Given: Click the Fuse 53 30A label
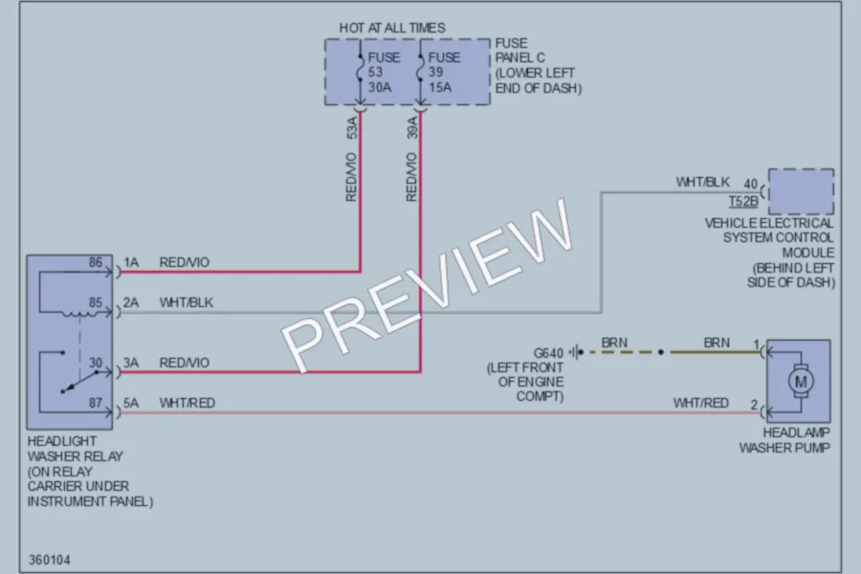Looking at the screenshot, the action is pyautogui.click(x=384, y=73).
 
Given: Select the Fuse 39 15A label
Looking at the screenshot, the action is pyautogui.click(x=442, y=73).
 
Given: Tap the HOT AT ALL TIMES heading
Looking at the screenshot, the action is pyautogui.click(x=392, y=28).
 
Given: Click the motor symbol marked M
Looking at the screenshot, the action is pyautogui.click(x=801, y=381).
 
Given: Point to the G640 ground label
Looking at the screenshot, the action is pyautogui.click(x=548, y=353).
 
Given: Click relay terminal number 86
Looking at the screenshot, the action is pyautogui.click(x=96, y=262).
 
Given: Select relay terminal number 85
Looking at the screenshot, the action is pyautogui.click(x=96, y=302).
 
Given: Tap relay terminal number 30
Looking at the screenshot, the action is pyautogui.click(x=96, y=364).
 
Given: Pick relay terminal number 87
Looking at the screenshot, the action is pyautogui.click(x=96, y=403).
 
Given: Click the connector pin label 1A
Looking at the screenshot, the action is pyautogui.click(x=131, y=262).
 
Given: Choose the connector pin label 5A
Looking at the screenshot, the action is pyautogui.click(x=131, y=403).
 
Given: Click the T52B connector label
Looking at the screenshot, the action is pyautogui.click(x=743, y=202).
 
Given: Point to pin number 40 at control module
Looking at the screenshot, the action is pyautogui.click(x=751, y=184).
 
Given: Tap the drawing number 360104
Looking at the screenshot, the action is pyautogui.click(x=50, y=561).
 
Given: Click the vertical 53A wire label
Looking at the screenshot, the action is pyautogui.click(x=352, y=127).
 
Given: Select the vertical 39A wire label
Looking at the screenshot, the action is pyautogui.click(x=412, y=127).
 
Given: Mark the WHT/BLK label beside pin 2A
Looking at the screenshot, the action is pyautogui.click(x=187, y=302).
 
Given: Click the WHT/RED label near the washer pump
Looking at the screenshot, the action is pyautogui.click(x=700, y=403).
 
